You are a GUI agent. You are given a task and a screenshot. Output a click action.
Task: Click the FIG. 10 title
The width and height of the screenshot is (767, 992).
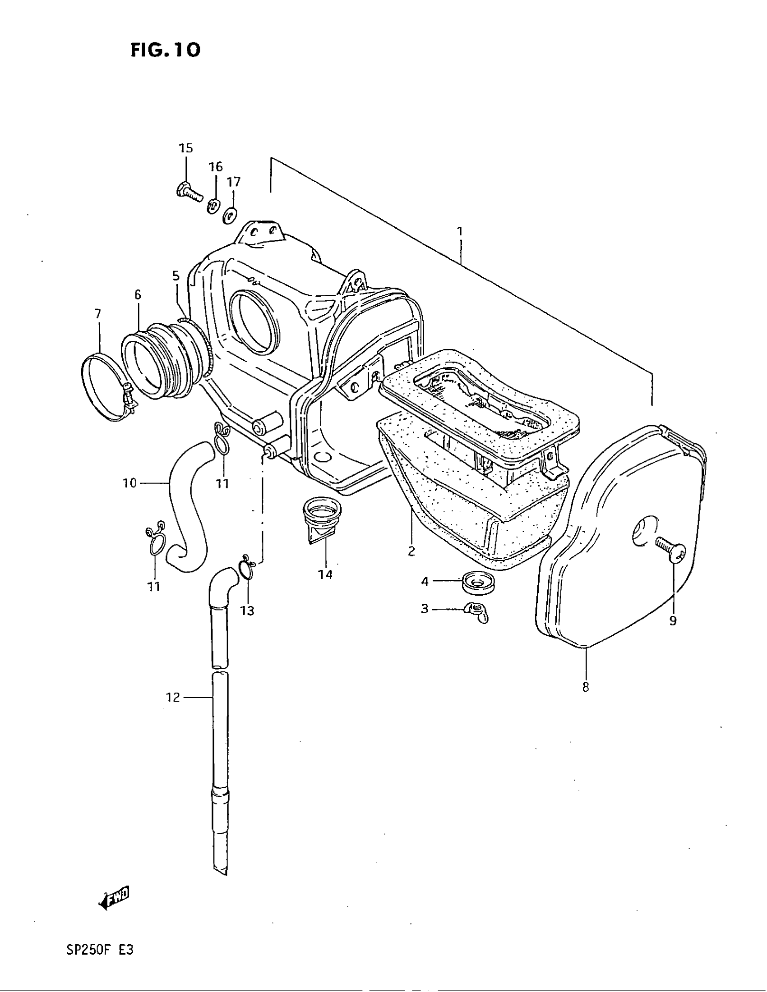tap(165, 50)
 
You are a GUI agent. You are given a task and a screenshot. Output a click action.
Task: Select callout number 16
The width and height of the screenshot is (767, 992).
tap(216, 167)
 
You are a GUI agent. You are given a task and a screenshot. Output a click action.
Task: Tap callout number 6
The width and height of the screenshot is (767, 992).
tap(138, 295)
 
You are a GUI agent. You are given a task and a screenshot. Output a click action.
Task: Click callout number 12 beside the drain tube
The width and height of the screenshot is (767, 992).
tap(173, 697)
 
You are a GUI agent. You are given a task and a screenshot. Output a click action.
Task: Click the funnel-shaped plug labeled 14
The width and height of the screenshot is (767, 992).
tap(322, 518)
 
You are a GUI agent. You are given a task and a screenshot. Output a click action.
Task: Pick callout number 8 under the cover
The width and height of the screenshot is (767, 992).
tap(585, 688)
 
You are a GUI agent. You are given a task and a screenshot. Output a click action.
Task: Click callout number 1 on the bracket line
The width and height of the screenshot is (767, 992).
tap(460, 232)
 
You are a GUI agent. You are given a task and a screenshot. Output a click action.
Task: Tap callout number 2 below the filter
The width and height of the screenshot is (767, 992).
tap(411, 551)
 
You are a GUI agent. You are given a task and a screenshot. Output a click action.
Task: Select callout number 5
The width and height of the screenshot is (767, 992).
tap(176, 276)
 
